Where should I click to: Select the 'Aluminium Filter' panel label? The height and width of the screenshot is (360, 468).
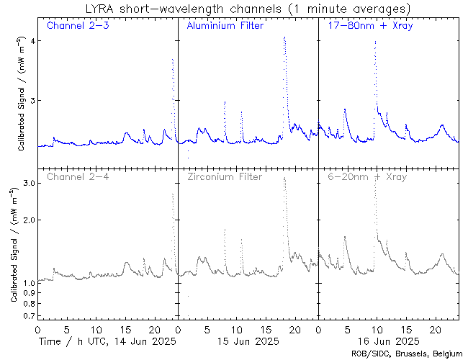click(x=225, y=26)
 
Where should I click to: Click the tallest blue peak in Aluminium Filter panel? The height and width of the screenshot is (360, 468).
click(x=284, y=37)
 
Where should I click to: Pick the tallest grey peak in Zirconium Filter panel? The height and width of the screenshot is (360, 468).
click(x=284, y=178)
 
